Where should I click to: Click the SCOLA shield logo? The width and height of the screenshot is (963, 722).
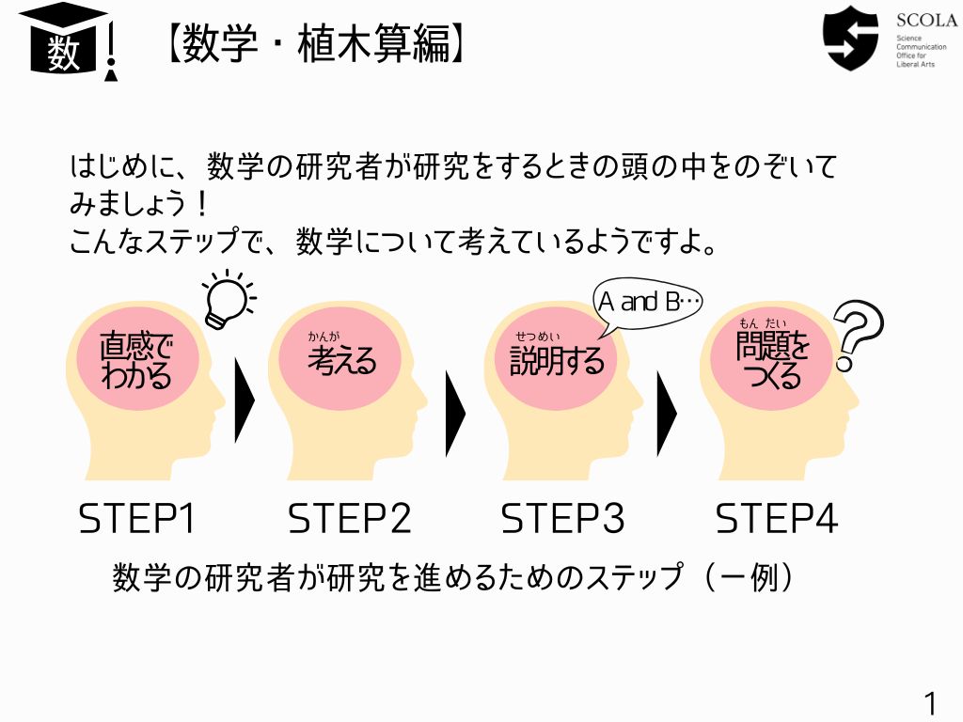coord(850,38)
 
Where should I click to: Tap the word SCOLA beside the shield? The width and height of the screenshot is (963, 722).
coord(926,21)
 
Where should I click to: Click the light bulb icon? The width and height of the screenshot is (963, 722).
coord(229,299)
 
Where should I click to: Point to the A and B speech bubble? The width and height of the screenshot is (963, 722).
coord(647,302)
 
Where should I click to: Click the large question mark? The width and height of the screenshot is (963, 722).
coord(858,338)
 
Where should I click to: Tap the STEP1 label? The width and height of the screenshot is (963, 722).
coord(136,519)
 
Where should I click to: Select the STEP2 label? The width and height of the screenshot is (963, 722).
coord(350,519)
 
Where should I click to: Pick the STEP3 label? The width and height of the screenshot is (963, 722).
coord(562,519)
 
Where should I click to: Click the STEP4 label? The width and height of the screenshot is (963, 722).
coord(776,519)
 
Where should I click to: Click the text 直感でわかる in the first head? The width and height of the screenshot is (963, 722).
coord(136,361)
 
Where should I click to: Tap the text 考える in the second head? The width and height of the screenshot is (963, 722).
coord(342,360)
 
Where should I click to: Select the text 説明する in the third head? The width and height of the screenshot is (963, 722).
coord(557,360)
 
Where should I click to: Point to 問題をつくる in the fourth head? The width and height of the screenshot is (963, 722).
coord(773,361)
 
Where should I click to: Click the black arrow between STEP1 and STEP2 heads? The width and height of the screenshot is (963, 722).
coord(244,400)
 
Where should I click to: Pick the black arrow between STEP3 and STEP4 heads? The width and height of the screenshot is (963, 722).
coord(667,414)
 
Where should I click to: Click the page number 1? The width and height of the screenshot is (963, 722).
coord(931,703)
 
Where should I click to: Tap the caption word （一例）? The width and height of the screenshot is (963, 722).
coord(750,578)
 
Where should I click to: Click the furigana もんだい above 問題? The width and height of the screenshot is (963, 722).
coord(762,323)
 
